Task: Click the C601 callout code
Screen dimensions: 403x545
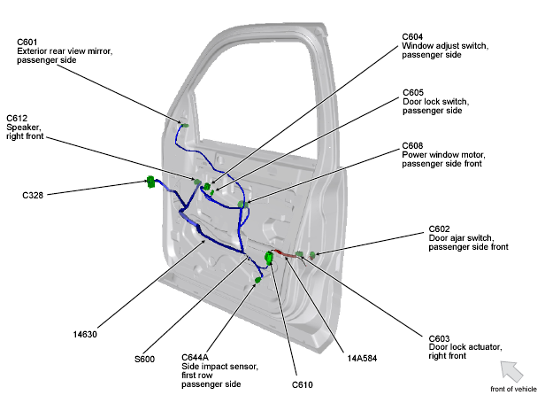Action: tap(27, 42)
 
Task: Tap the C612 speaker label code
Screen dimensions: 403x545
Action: tap(17, 118)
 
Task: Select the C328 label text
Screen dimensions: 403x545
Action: tap(34, 194)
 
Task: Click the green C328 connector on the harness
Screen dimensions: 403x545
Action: tap(150, 182)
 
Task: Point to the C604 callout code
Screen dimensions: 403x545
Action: tap(413, 36)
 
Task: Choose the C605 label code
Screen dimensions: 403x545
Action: tap(413, 92)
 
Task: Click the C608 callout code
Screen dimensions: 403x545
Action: tap(413, 145)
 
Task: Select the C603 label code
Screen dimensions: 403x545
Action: tap(440, 337)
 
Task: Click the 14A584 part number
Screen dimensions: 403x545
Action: tap(363, 359)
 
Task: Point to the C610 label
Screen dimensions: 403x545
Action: tap(303, 384)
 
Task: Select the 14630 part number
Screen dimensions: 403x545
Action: tap(86, 334)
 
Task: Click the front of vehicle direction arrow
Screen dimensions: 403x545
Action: tap(511, 370)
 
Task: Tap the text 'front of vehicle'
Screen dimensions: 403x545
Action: tap(514, 390)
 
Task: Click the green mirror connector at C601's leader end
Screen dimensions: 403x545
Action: tap(185, 125)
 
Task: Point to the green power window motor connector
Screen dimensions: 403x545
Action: tap(242, 205)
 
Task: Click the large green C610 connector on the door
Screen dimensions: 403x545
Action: tap(270, 260)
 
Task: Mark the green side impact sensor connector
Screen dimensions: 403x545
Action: tap(257, 280)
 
